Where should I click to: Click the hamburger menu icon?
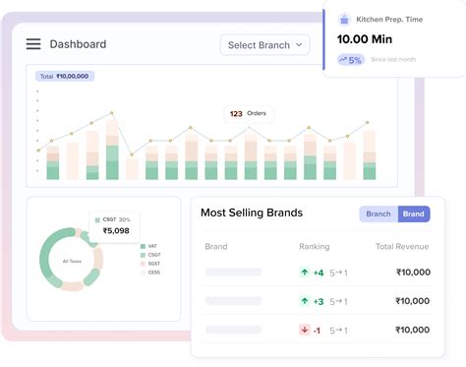tap(33, 44)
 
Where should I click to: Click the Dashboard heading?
tap(78, 44)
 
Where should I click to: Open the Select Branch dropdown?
tap(264, 44)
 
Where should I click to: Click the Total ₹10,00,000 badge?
tap(63, 76)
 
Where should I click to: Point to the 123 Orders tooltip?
tap(248, 113)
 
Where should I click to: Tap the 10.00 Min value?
tap(365, 39)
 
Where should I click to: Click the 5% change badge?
tap(351, 59)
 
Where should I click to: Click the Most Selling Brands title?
tap(251, 213)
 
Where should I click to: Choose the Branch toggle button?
tap(379, 214)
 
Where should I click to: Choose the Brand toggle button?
tap(414, 214)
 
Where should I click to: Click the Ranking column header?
tap(314, 246)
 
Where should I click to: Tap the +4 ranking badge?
tap(312, 273)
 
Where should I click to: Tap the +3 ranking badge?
tap(312, 301)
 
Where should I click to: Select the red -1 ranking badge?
tap(311, 330)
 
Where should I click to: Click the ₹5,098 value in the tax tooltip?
tap(115, 231)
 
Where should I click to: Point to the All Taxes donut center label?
tap(72, 261)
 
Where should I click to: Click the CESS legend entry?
tap(153, 273)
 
